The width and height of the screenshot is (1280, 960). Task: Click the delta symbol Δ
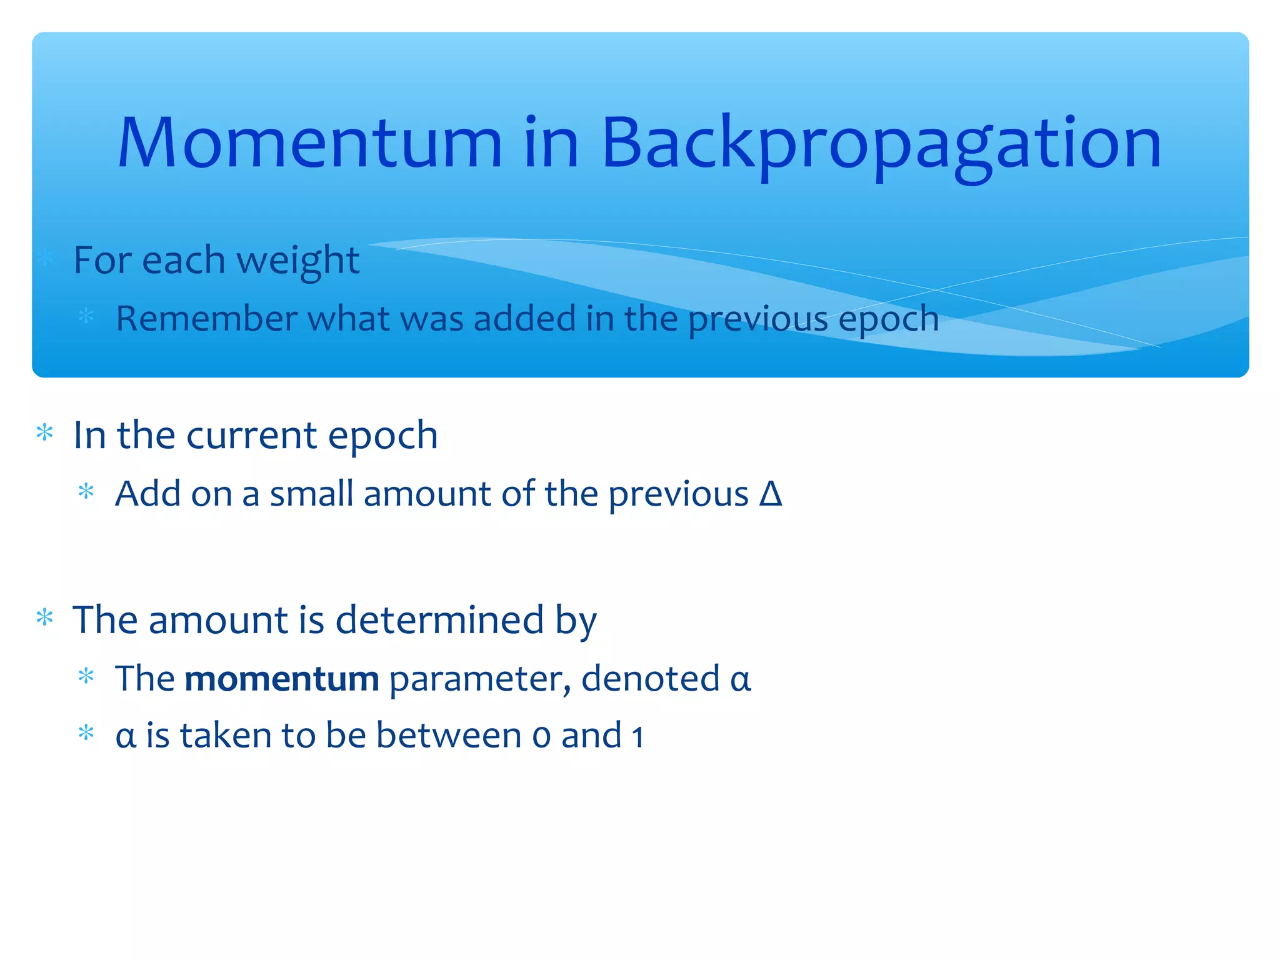pyautogui.click(x=771, y=494)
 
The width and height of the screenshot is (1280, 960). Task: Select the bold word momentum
pyautogui.click(x=282, y=679)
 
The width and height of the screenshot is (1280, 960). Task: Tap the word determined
pyautogui.click(x=439, y=620)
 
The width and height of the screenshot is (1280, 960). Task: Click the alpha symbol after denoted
pyautogui.click(x=740, y=679)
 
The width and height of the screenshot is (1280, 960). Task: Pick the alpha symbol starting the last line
pyautogui.click(x=125, y=736)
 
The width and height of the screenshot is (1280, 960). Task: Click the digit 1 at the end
pyautogui.click(x=637, y=736)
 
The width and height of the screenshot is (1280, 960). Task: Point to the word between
pyautogui.click(x=448, y=735)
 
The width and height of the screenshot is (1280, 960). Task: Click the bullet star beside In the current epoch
pyautogui.click(x=45, y=432)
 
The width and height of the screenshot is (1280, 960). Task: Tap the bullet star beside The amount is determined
pyautogui.click(x=45, y=617)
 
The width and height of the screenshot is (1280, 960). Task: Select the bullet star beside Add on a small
pyautogui.click(x=86, y=492)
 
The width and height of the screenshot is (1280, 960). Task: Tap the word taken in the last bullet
pyautogui.click(x=225, y=735)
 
